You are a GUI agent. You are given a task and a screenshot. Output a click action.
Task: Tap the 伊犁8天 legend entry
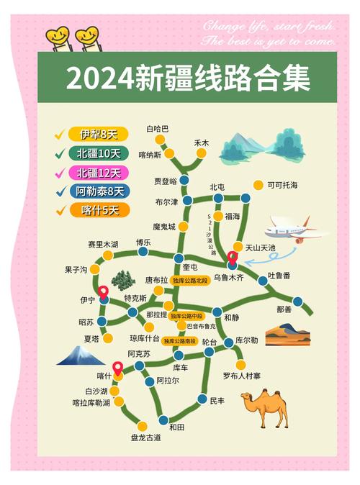[98, 134]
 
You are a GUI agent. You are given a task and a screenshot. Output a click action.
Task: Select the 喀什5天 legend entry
[98, 211]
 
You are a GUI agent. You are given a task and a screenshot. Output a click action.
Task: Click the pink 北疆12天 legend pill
[98, 173]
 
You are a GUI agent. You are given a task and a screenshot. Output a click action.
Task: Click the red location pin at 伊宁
[104, 292]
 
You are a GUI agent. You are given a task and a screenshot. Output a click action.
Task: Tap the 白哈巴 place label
[157, 129]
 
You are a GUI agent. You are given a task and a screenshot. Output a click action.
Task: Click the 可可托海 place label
[282, 185]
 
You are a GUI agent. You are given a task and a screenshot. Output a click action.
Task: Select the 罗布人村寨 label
[241, 375]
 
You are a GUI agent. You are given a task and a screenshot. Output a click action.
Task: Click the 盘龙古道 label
[146, 437]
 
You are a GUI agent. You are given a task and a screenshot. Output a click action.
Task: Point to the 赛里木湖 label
[103, 245]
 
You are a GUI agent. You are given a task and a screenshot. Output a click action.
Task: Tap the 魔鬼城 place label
[164, 227]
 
